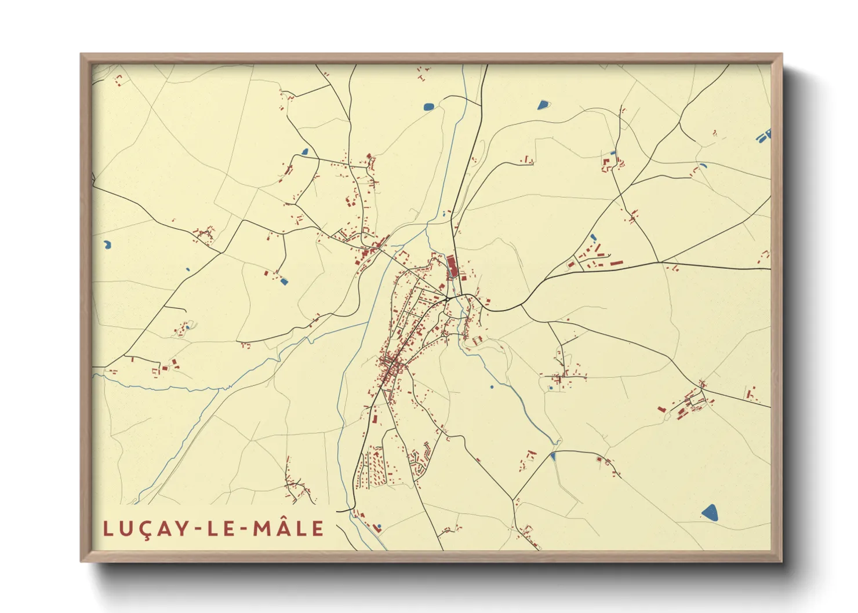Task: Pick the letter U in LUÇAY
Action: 126,528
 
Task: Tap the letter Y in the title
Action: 184,528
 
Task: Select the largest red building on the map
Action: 452,267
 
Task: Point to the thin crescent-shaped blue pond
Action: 703,166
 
